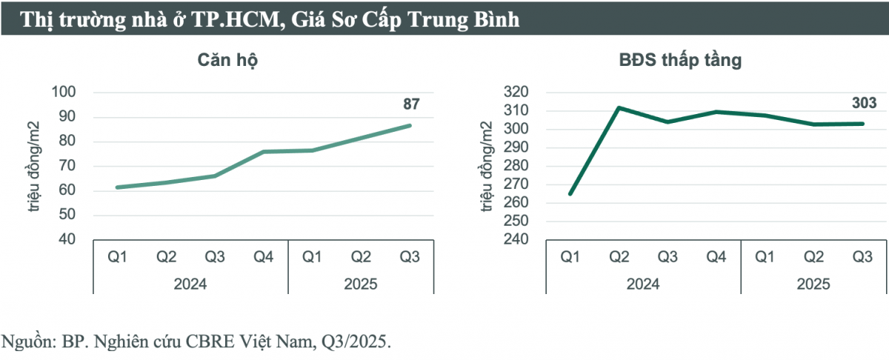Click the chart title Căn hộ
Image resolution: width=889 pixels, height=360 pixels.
[x=227, y=61]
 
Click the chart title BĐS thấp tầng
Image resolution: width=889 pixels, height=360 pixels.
[x=680, y=61]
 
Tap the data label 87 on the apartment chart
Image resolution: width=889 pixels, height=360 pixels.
[x=411, y=104]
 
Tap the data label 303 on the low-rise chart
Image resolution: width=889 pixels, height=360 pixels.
[x=863, y=103]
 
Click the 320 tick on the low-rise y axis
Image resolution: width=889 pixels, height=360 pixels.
[x=516, y=93]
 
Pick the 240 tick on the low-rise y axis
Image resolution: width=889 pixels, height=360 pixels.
[x=516, y=239]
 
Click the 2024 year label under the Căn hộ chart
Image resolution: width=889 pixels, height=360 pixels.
[x=190, y=284]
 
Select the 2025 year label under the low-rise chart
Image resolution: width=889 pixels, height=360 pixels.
[x=814, y=284]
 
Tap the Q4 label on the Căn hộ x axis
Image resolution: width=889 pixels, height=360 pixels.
[x=263, y=257]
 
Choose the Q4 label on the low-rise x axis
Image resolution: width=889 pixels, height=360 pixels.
[x=716, y=257]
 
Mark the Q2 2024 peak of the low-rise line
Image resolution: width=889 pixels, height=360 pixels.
[x=619, y=107]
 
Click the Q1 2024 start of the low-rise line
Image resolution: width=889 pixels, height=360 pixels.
[x=570, y=194]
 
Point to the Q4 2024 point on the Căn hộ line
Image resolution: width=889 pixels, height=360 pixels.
[x=263, y=152]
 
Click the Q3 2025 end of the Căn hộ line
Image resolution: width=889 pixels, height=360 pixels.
[x=410, y=125]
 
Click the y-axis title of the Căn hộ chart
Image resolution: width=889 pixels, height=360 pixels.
[x=35, y=167]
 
